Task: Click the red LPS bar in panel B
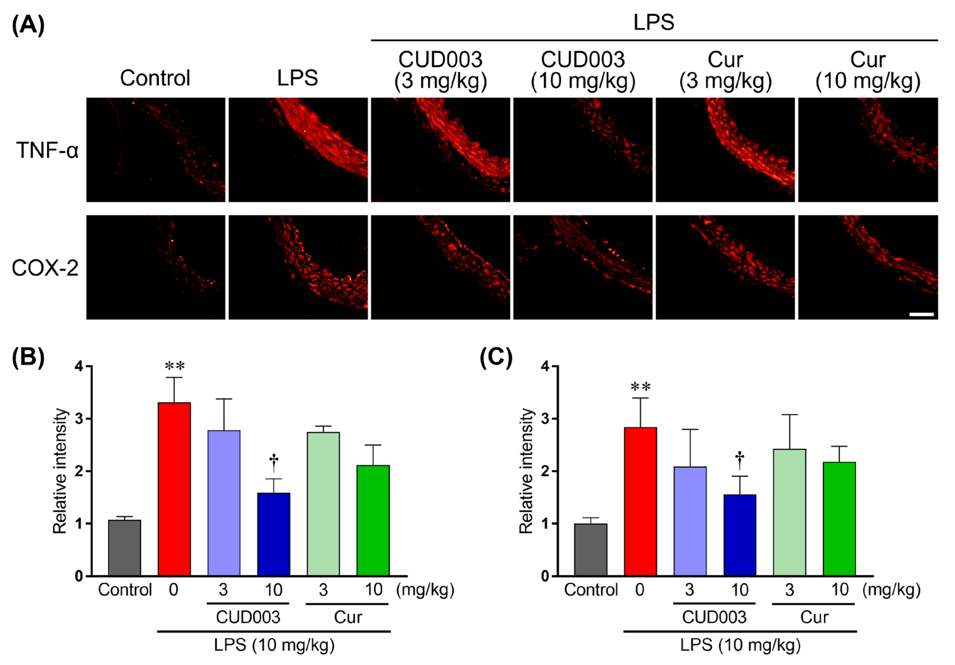point(174,489)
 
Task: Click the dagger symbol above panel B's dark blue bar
point(274,462)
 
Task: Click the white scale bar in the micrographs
point(921,315)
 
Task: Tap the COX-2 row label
point(45,268)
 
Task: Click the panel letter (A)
point(28,25)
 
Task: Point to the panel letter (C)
point(496,357)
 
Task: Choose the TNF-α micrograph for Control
point(155,150)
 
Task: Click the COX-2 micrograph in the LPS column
point(298,267)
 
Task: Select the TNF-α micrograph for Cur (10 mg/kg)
point(868,150)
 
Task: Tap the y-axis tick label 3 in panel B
point(79,419)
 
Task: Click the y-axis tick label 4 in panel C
point(545,366)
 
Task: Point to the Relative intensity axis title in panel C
point(526,471)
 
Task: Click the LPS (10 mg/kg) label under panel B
point(274,645)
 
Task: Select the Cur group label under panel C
point(814,617)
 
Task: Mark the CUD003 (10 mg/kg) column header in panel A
point(583,70)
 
